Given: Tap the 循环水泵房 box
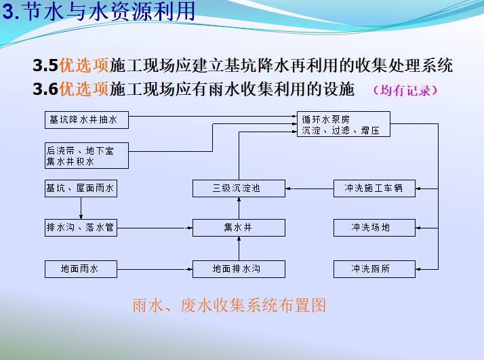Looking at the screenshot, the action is pyautogui.click(x=344, y=124).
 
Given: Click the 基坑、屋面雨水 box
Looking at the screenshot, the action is pyautogui.click(x=81, y=188).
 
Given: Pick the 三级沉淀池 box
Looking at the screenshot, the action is pyautogui.click(x=239, y=188).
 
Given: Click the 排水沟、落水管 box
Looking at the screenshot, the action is pyautogui.click(x=81, y=228).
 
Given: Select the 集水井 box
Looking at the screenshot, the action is pyautogui.click(x=239, y=228).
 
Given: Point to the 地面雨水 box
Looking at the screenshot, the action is pyautogui.click(x=81, y=269).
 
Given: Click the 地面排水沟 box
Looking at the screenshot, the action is pyautogui.click(x=239, y=269).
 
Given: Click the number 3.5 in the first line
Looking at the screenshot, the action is pyautogui.click(x=45, y=66).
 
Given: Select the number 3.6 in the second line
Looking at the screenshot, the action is pyautogui.click(x=45, y=89).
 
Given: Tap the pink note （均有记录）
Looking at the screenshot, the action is pyautogui.click(x=405, y=90).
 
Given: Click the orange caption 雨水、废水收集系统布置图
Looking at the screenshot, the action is pyautogui.click(x=229, y=306).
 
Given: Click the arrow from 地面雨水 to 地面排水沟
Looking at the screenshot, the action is pyautogui.click(x=155, y=269).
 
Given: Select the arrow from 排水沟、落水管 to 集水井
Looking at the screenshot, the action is pyautogui.click(x=155, y=228).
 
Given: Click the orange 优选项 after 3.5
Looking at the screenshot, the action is pyautogui.click(x=84, y=66).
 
